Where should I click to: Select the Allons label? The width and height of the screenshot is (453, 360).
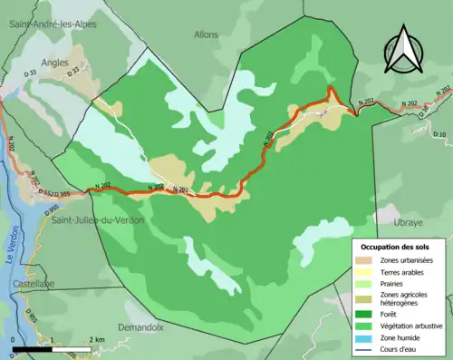point(207,34)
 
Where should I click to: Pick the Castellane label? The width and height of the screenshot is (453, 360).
point(34,284)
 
